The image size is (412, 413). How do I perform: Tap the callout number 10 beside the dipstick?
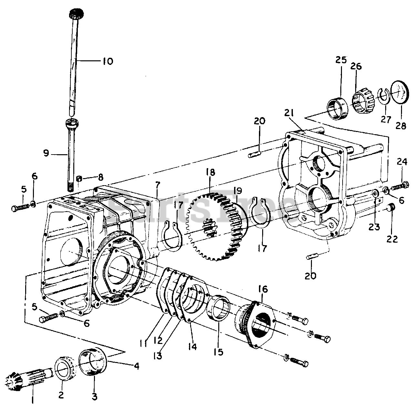point(108,61)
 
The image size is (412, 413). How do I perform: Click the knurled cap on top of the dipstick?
point(77,15)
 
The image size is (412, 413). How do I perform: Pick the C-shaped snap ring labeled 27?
point(384,96)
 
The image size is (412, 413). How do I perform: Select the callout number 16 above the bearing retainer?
point(263,289)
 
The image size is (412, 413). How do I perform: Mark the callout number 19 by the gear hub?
point(238,190)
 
